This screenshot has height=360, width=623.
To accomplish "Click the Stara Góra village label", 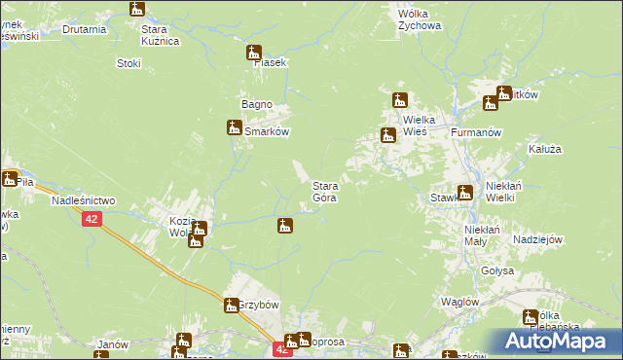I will [324, 191].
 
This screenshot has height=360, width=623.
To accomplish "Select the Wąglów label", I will [458, 302].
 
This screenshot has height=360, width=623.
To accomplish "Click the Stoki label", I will [128, 63].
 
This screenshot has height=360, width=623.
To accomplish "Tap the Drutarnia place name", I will [84, 29].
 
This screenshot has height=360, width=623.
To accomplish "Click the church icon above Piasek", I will [254, 53].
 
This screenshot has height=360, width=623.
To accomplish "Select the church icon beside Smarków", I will [234, 126].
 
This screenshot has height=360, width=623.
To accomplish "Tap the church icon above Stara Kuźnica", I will [136, 9].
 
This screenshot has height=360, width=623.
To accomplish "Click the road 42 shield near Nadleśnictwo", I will [91, 221].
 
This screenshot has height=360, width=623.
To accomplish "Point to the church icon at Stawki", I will [465, 192].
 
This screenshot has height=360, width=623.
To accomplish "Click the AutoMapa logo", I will [558, 341].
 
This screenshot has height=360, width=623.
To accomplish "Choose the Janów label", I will [114, 344].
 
